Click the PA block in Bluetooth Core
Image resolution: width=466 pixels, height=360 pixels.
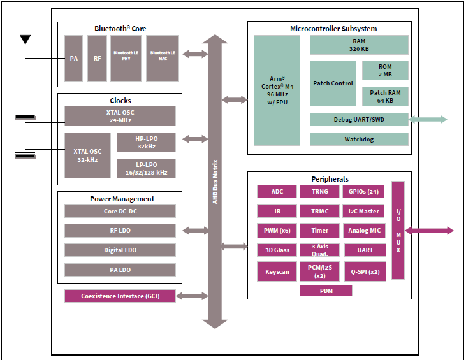pyautogui.click(x=73, y=58)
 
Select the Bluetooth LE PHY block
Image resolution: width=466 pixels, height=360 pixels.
pyautogui.click(x=126, y=58)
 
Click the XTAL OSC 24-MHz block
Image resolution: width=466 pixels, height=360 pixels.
pyautogui.click(x=120, y=116)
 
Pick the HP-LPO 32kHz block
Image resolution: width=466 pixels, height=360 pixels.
pyautogui.click(x=146, y=143)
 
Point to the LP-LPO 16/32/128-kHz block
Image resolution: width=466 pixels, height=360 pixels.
pyautogui.click(x=146, y=168)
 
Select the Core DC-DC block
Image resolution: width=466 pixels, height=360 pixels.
pyautogui.click(x=120, y=212)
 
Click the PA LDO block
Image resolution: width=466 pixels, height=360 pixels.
pyautogui.click(x=120, y=270)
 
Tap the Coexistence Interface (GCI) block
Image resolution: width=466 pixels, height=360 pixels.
pyautogui.click(x=120, y=296)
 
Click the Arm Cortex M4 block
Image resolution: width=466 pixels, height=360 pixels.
pyautogui.click(x=277, y=90)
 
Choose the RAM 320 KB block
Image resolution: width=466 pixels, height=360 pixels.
pyautogui.click(x=359, y=45)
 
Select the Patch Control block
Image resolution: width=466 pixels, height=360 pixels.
pyautogui.click(x=333, y=83)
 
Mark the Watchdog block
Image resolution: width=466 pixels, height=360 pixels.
pyautogui.click(x=359, y=139)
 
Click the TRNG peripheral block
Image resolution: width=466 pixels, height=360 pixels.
pyautogui.click(x=319, y=192)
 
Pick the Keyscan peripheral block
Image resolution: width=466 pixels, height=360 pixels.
pyautogui.click(x=277, y=271)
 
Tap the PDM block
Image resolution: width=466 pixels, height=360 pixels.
pyautogui.click(x=326, y=291)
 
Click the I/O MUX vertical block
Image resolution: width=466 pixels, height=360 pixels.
pyautogui.click(x=398, y=231)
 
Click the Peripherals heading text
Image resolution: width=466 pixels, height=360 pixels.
pyautogui.click(x=330, y=179)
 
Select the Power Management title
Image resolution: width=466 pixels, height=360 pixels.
pyautogui.click(x=120, y=199)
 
